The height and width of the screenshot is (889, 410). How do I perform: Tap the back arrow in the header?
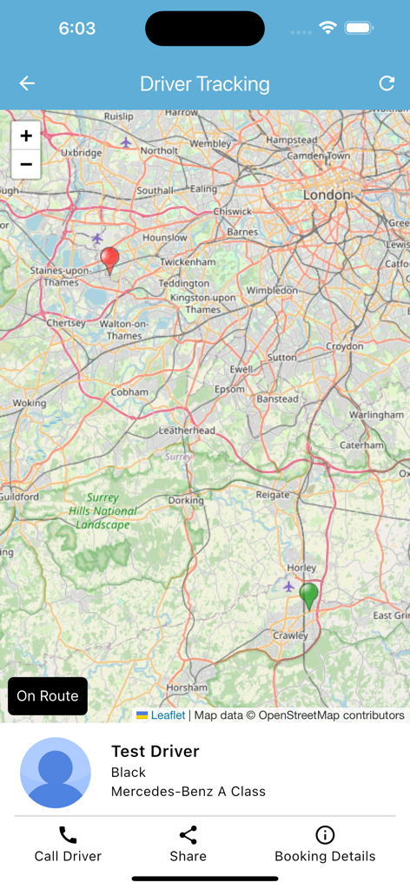point(27,83)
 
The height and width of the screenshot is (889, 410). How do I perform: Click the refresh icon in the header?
point(387,83)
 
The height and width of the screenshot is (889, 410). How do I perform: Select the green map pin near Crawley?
point(308,596)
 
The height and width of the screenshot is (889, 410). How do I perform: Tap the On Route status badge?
point(48,696)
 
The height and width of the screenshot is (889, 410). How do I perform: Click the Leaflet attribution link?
point(168,715)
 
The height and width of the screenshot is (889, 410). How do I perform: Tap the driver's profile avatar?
point(56,773)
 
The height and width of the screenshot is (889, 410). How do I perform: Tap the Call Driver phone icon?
point(68,835)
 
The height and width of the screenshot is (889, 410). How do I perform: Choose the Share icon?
point(188,835)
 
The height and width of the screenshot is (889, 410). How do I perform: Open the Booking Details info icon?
point(325,835)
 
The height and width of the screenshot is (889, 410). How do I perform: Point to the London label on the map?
point(327,195)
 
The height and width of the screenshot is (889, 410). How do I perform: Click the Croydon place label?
point(345,346)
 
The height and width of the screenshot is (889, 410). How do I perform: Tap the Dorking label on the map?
point(186,500)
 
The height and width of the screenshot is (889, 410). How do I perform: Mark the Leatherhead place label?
point(187,431)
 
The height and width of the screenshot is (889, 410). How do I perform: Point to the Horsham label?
point(187,688)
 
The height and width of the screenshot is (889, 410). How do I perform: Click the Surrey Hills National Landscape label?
point(103,511)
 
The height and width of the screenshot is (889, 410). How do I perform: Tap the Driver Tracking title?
point(205,84)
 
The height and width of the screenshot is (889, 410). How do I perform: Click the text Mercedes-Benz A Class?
point(188,791)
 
